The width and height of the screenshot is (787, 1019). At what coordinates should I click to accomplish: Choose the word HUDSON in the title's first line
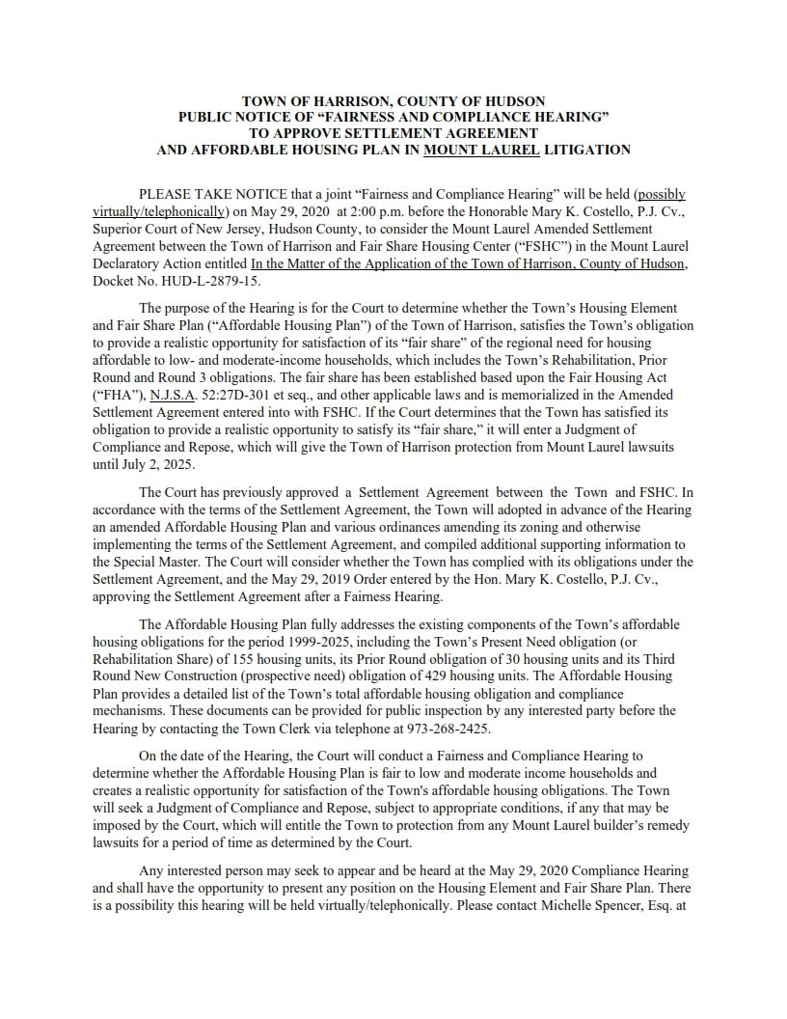tap(510, 100)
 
